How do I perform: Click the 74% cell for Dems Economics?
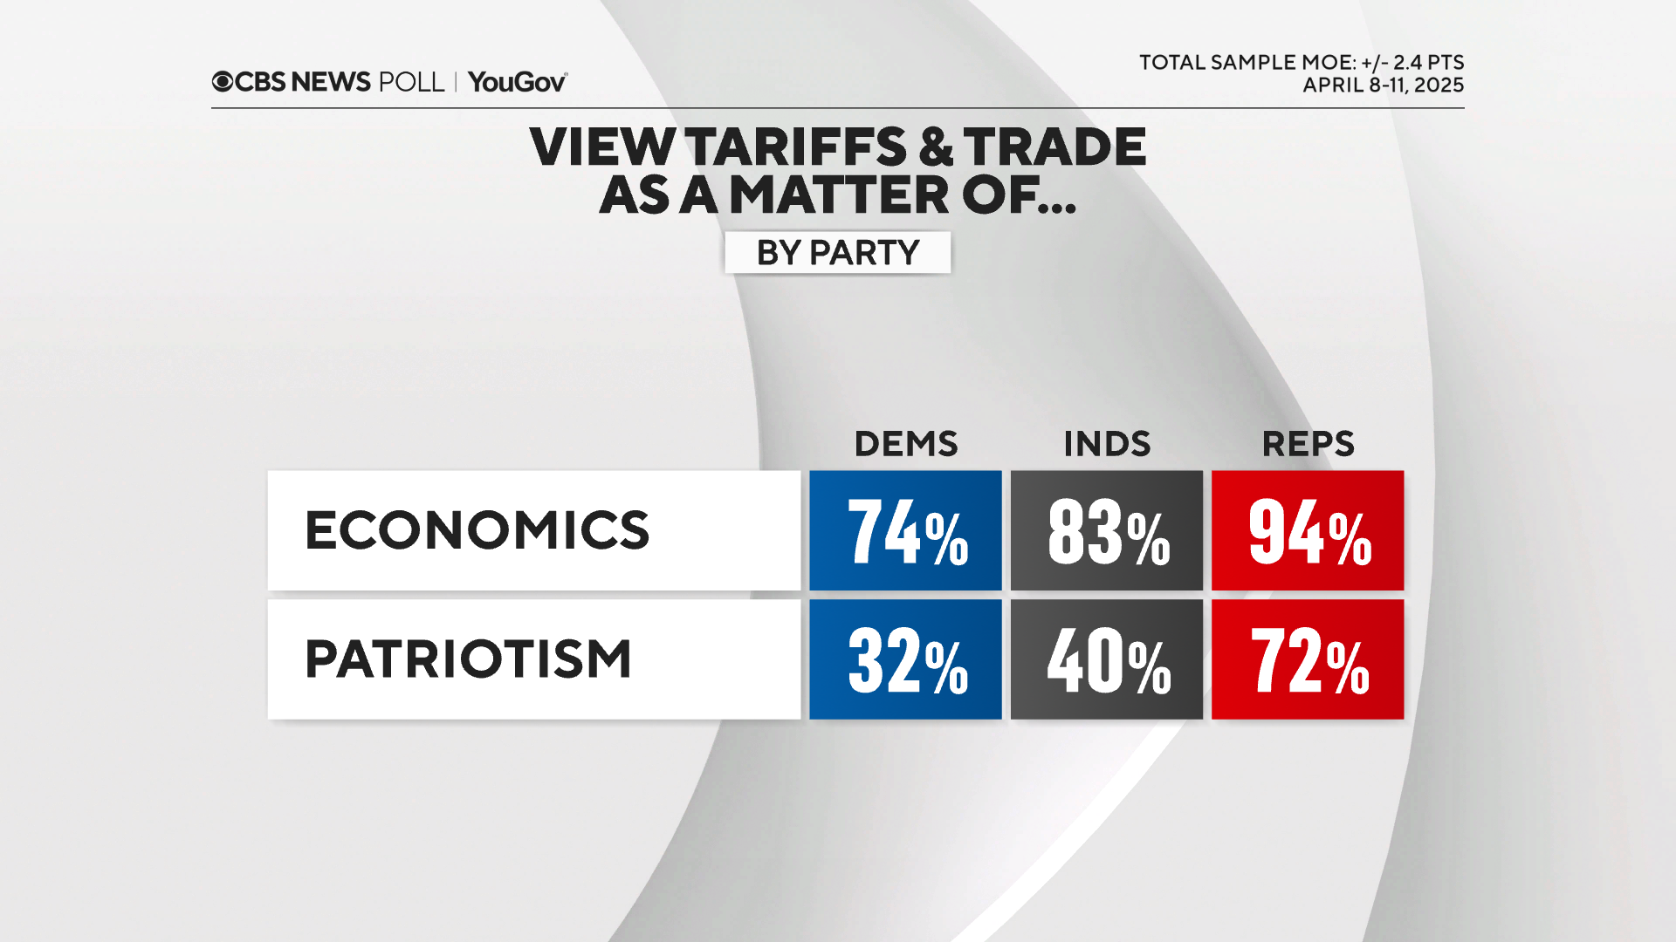click(x=905, y=530)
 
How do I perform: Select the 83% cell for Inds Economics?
click(x=1106, y=530)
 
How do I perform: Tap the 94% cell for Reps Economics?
click(x=1308, y=530)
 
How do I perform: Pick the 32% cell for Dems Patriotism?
click(x=905, y=659)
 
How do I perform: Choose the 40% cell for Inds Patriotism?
click(x=1106, y=659)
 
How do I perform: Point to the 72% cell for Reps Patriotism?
click(x=1308, y=659)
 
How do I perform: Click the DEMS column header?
click(x=905, y=444)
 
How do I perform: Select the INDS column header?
click(x=1106, y=444)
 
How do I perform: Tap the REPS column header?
click(x=1308, y=444)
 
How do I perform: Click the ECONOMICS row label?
click(x=477, y=530)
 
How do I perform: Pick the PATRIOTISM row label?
click(x=468, y=659)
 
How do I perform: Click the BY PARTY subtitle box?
click(x=837, y=253)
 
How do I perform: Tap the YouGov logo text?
click(x=517, y=82)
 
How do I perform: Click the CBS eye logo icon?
click(x=223, y=82)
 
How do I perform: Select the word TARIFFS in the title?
click(x=796, y=147)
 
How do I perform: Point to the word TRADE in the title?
click(x=1054, y=147)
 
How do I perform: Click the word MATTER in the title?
click(x=839, y=195)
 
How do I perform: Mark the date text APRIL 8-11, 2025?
click(x=1383, y=85)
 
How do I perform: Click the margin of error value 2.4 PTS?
click(x=1428, y=63)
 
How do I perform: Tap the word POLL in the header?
click(x=411, y=82)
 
